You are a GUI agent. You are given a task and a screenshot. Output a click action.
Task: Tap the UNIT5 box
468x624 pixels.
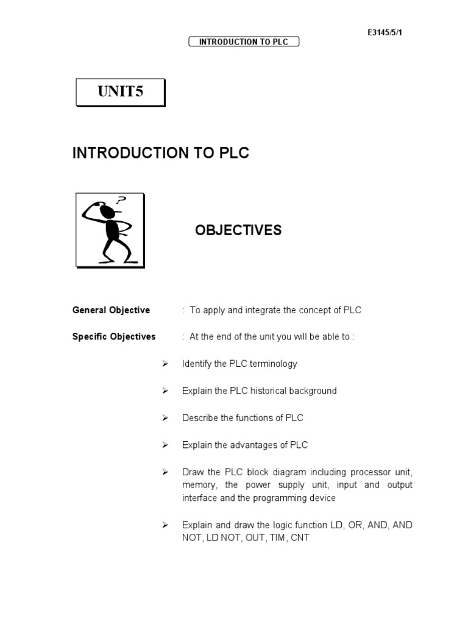119,92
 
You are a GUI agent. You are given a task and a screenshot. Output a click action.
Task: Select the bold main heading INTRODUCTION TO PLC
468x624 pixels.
161,153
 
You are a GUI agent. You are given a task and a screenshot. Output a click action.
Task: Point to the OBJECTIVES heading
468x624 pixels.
238,230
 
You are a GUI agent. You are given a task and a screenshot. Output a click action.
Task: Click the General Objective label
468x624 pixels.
111,310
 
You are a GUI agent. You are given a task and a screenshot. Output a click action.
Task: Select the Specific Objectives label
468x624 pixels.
114,336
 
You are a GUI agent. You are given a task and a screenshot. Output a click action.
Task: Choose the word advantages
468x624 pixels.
255,445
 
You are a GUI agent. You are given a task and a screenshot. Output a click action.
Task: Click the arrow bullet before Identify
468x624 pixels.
165,364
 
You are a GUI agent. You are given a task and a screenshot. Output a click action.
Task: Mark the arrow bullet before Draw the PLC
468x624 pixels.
165,472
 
